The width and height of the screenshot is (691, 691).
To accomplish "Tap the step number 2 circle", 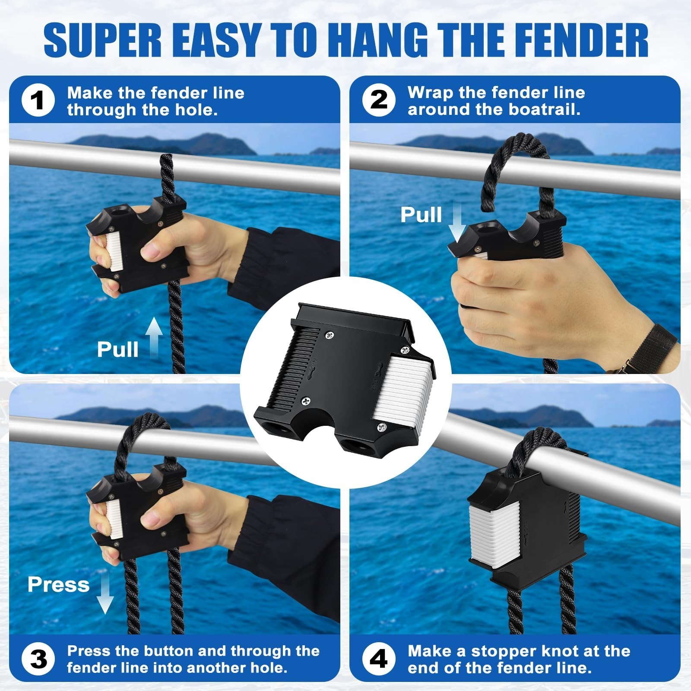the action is pyautogui.click(x=379, y=101).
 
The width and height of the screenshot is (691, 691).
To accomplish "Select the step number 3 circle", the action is pyautogui.click(x=38, y=659).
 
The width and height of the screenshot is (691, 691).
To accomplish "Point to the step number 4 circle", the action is pyautogui.click(x=379, y=659).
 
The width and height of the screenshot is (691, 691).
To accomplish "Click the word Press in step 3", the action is pyautogui.click(x=58, y=585).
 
